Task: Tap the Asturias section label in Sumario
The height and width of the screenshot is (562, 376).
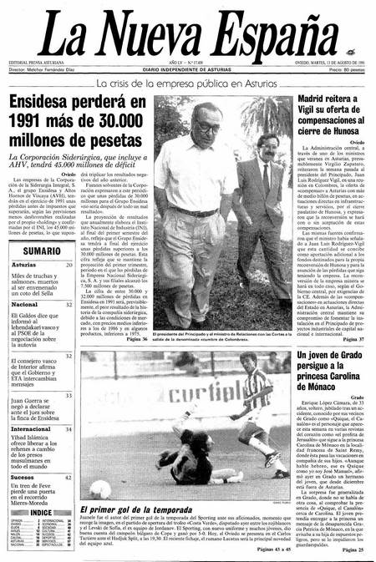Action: pos(24,266)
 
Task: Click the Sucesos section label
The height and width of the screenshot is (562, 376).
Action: pos(23,478)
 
